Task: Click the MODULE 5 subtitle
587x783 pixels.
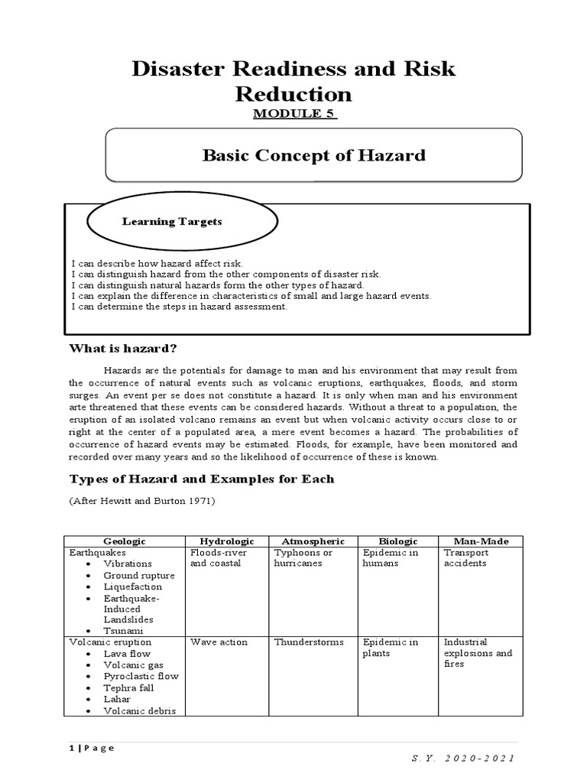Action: click(x=293, y=114)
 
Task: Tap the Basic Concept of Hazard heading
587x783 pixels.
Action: click(x=313, y=156)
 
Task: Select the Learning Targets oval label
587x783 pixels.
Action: click(x=172, y=222)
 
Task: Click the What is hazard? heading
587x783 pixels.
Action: click(x=123, y=349)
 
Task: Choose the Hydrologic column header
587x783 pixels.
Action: click(x=227, y=541)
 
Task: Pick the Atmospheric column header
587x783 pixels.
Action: click(x=313, y=541)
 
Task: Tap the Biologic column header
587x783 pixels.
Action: click(x=397, y=541)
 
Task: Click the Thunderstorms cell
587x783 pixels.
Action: click(x=309, y=642)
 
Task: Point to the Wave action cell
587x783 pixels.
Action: click(x=219, y=642)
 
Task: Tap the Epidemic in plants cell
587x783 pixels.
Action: click(x=391, y=648)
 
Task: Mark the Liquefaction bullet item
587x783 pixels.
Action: click(x=133, y=586)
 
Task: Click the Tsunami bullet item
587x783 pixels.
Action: click(x=122, y=631)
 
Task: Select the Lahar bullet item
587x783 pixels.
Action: click(x=117, y=699)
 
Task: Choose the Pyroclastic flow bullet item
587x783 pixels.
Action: click(x=141, y=676)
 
